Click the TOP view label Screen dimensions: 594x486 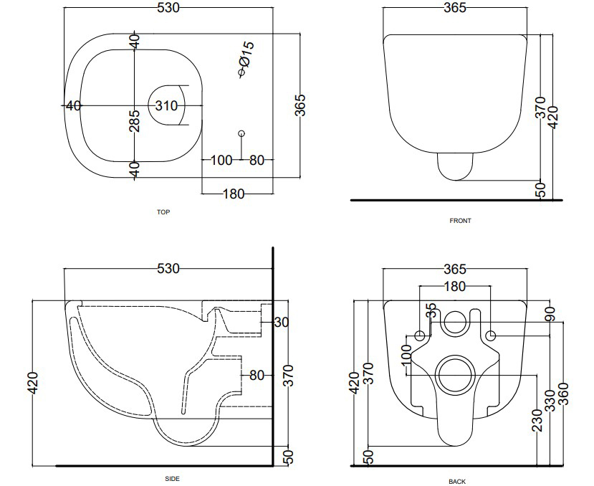163,212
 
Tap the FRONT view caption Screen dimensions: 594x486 460,221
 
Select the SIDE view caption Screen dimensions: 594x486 173,479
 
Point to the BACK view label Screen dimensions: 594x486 457,482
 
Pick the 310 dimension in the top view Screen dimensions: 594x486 166,106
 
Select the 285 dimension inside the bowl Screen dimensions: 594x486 135,121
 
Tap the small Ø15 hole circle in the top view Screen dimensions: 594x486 241,133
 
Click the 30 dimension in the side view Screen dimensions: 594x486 281,323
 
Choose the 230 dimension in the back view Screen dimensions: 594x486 537,420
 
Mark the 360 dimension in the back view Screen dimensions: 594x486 563,394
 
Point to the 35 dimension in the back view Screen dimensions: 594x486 431,310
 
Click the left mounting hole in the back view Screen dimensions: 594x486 420,335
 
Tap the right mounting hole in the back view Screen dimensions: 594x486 491,335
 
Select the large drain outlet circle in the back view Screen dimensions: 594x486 455,374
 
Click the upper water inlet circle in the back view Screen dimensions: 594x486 455,323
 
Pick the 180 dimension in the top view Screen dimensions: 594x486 234,194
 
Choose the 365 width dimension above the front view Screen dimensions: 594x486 454,8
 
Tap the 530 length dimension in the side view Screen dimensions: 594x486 168,269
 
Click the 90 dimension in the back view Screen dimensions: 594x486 550,314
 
